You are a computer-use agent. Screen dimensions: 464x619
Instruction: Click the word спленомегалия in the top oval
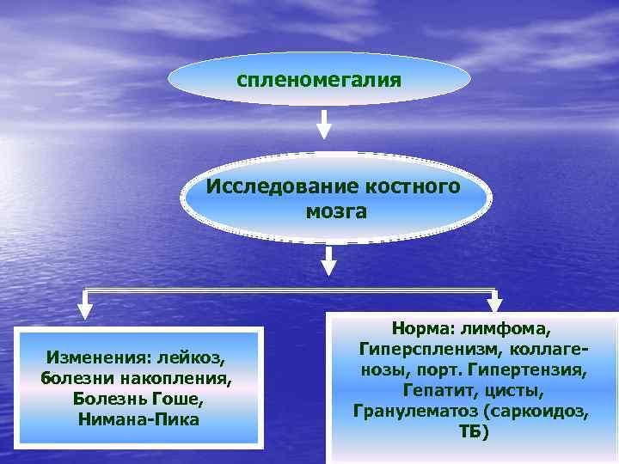(x=319, y=80)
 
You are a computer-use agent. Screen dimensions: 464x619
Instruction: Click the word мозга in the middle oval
(x=335, y=211)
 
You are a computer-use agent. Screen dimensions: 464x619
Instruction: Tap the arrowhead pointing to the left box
(x=84, y=308)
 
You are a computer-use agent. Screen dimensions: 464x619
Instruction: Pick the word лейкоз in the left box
(x=196, y=357)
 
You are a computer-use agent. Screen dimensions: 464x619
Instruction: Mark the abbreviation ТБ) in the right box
(x=472, y=432)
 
